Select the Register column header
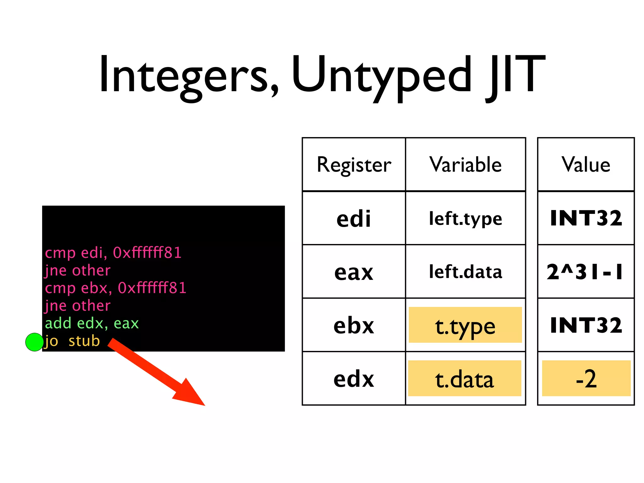point(354,164)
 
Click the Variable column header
point(465,164)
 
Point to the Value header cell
point(586,164)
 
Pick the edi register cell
point(354,218)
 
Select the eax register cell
point(354,272)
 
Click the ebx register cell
point(354,325)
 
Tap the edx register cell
point(354,379)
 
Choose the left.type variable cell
point(465,218)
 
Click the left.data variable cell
point(465,272)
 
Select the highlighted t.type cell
point(465,325)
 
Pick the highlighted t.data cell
point(465,379)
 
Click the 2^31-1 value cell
point(586,272)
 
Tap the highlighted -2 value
point(586,379)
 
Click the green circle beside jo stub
point(34,342)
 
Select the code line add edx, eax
point(92,323)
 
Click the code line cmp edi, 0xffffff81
point(113,253)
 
